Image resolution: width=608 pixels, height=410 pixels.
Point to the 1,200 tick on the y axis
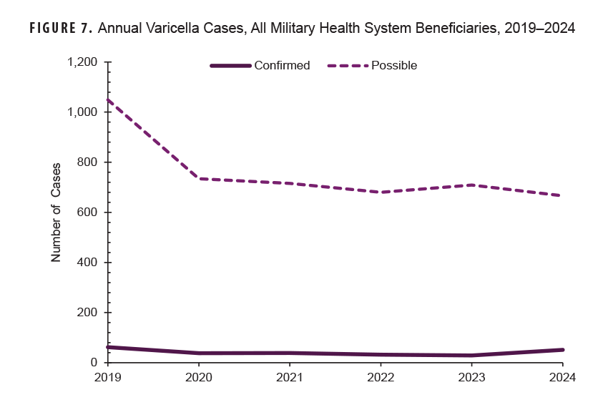coord(82,62)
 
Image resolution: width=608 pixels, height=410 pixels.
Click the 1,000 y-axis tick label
coord(82,112)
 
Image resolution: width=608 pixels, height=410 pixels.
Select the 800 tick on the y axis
coord(87,162)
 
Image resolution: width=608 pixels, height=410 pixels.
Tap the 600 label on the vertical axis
coord(87,213)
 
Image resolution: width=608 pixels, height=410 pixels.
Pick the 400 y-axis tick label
coord(87,263)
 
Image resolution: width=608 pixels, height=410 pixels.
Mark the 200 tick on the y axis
coord(87,313)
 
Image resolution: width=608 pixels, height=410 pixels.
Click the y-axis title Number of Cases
coord(56,213)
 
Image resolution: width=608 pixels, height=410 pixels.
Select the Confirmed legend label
coord(282,65)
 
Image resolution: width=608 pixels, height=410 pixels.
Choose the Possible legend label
coord(394,65)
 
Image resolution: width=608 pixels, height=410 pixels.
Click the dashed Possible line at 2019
coord(107,100)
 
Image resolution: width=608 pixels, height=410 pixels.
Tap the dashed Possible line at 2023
coord(471,185)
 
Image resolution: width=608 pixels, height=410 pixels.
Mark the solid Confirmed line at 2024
coord(562,350)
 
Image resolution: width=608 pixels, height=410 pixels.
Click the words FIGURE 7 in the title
coord(60,29)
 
